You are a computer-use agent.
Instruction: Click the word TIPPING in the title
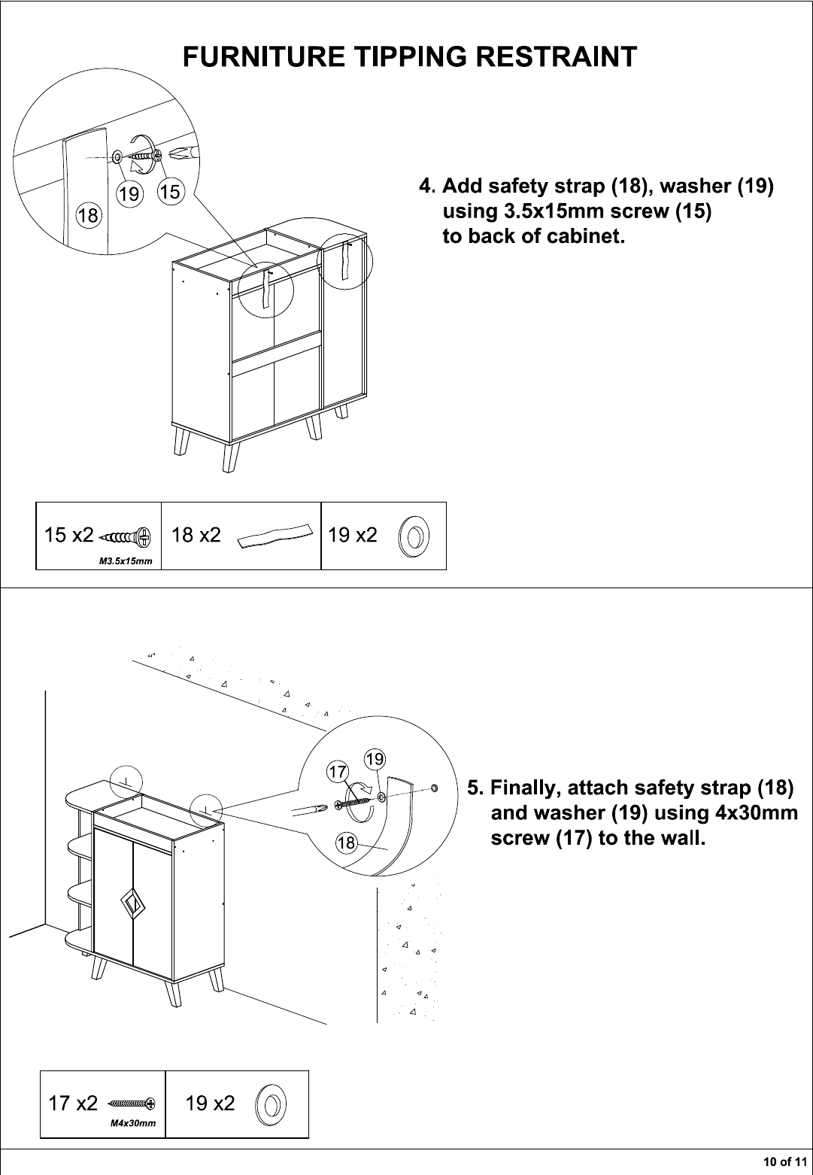(x=410, y=56)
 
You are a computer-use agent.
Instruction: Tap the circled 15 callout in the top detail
(x=170, y=192)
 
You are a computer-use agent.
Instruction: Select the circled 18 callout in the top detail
(x=88, y=215)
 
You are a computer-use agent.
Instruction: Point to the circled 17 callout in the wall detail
(x=338, y=772)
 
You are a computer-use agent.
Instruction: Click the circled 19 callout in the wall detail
(x=375, y=759)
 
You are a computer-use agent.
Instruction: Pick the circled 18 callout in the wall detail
(x=346, y=843)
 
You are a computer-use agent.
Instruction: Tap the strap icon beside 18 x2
(x=275, y=536)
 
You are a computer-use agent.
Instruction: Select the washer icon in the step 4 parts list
(x=414, y=536)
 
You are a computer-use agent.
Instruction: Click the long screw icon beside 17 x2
(x=132, y=1104)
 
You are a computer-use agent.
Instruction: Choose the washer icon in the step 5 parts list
(x=272, y=1105)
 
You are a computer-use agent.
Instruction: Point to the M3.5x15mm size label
(x=126, y=561)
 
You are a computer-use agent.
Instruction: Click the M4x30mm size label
(x=133, y=1124)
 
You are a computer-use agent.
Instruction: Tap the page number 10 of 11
(x=784, y=1161)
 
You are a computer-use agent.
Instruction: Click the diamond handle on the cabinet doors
(x=131, y=902)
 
